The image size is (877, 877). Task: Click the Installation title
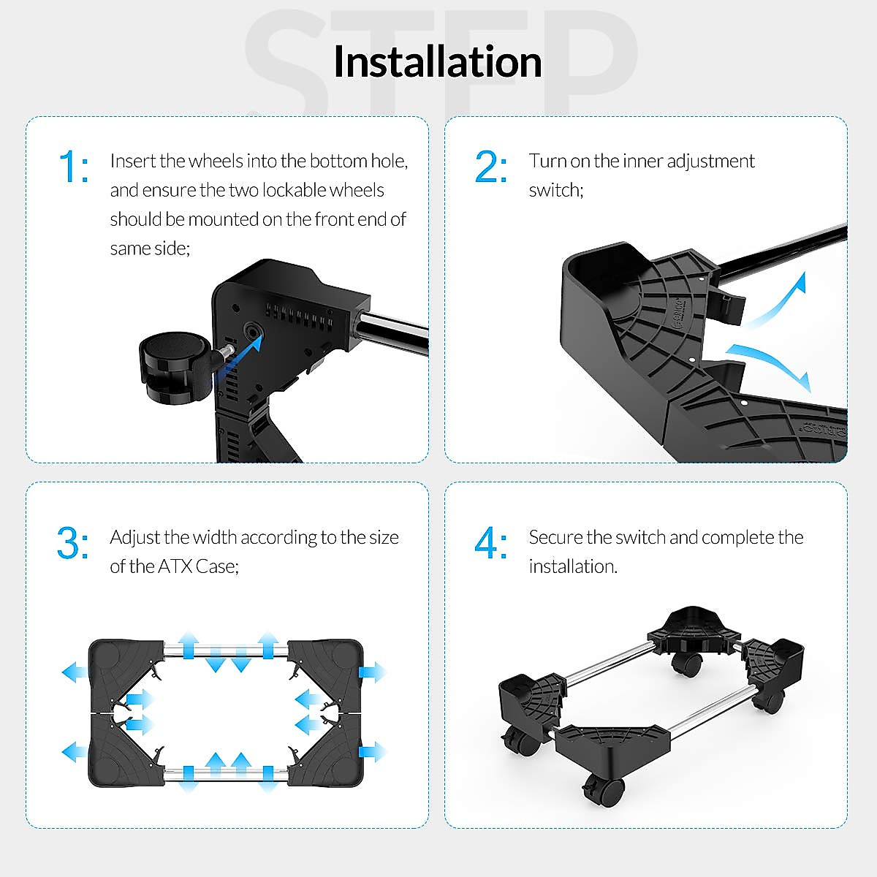[437, 61]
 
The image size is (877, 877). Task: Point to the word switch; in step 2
[556, 190]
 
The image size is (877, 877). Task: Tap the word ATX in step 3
[175, 566]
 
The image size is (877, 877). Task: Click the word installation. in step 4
[573, 566]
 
